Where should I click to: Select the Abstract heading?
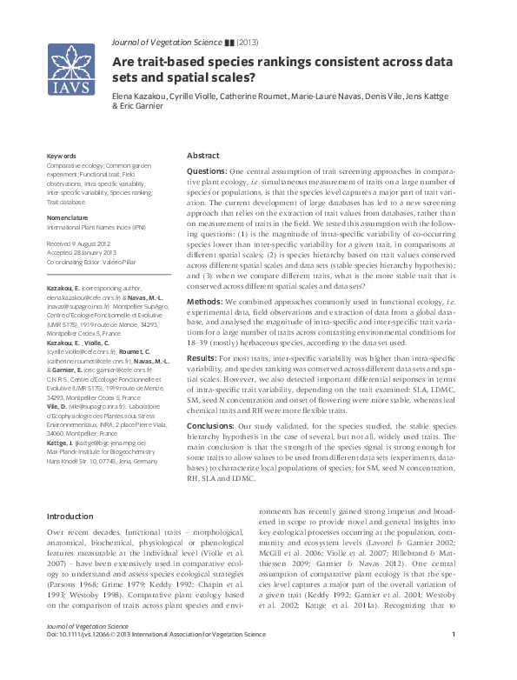click(203, 154)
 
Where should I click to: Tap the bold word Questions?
click(207, 171)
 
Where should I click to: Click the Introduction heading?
click(70, 517)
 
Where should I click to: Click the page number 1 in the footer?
click(454, 659)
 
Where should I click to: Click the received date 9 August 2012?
click(81, 244)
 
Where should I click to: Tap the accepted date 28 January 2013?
click(83, 252)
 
